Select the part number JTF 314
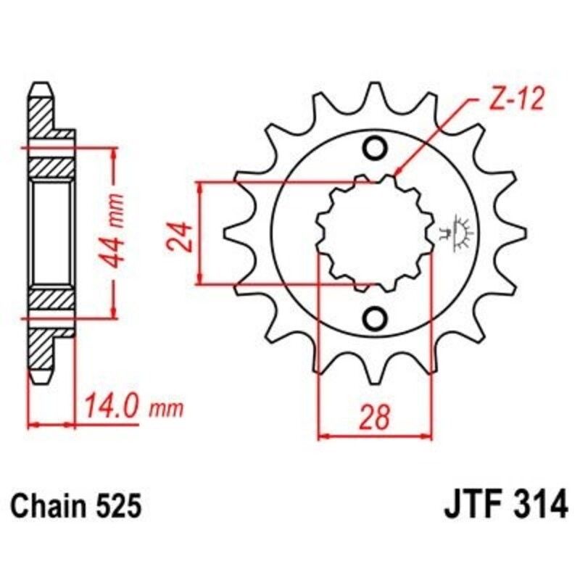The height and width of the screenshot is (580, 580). pyautogui.click(x=505, y=504)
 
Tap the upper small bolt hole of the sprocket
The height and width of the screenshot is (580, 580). pyautogui.click(x=376, y=149)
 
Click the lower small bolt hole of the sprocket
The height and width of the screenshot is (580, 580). pyautogui.click(x=376, y=317)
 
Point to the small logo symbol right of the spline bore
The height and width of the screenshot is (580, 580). pyautogui.click(x=458, y=233)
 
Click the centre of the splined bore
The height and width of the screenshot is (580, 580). pyautogui.click(x=375, y=233)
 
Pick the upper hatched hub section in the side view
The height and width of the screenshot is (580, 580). pyautogui.click(x=53, y=167)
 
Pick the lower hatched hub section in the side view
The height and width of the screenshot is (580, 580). pyautogui.click(x=53, y=299)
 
